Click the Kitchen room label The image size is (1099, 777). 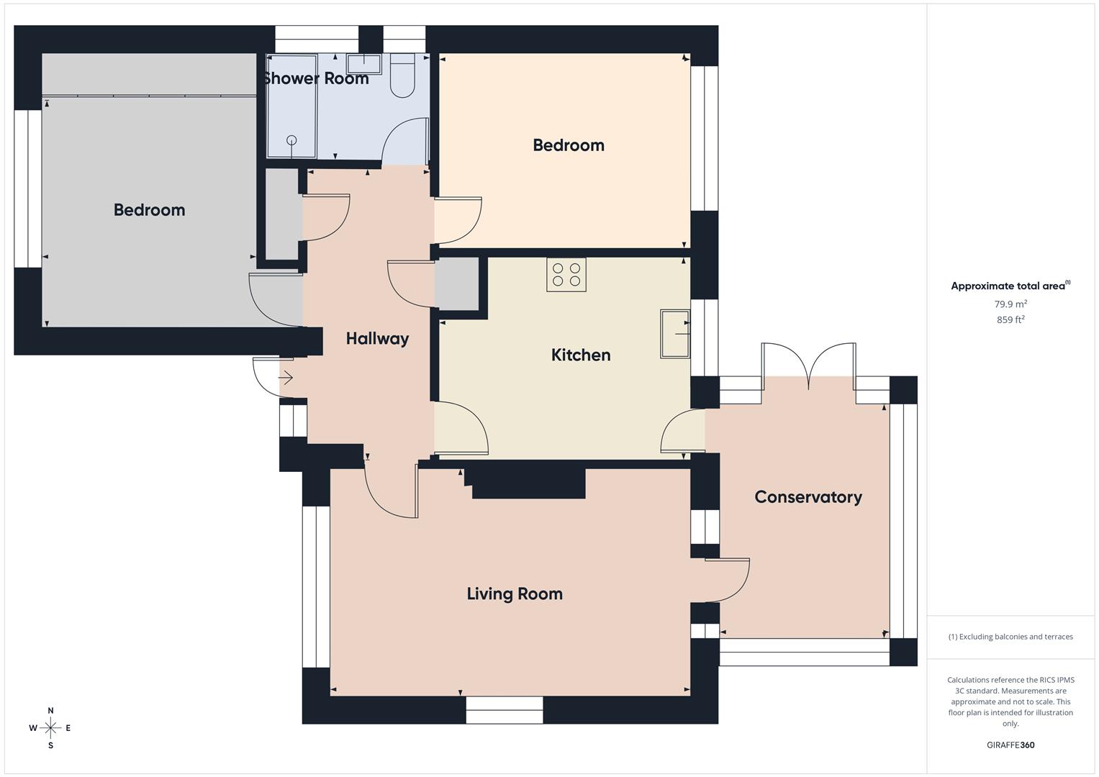580,355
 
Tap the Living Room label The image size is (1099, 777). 514,594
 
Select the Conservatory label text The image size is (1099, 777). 808,497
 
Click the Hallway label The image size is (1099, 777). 377,338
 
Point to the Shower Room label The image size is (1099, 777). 316,78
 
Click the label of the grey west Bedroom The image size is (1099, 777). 149,210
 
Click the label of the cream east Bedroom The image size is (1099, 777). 568,145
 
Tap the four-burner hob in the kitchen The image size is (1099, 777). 566,274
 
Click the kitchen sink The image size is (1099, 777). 674,334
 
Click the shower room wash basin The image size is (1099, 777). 363,63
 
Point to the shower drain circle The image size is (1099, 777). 291,140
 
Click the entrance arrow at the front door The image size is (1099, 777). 286,377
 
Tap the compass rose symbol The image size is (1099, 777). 50,728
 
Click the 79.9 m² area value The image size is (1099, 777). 1010,304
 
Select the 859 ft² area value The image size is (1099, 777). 1010,319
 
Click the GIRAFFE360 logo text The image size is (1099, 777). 1010,745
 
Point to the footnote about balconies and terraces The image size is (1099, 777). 1010,637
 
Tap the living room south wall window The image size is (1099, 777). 504,709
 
